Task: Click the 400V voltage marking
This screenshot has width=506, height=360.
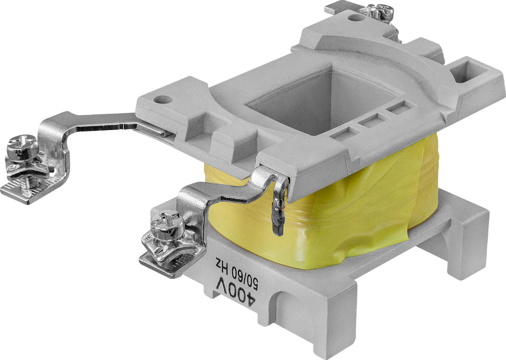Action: (233, 288)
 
